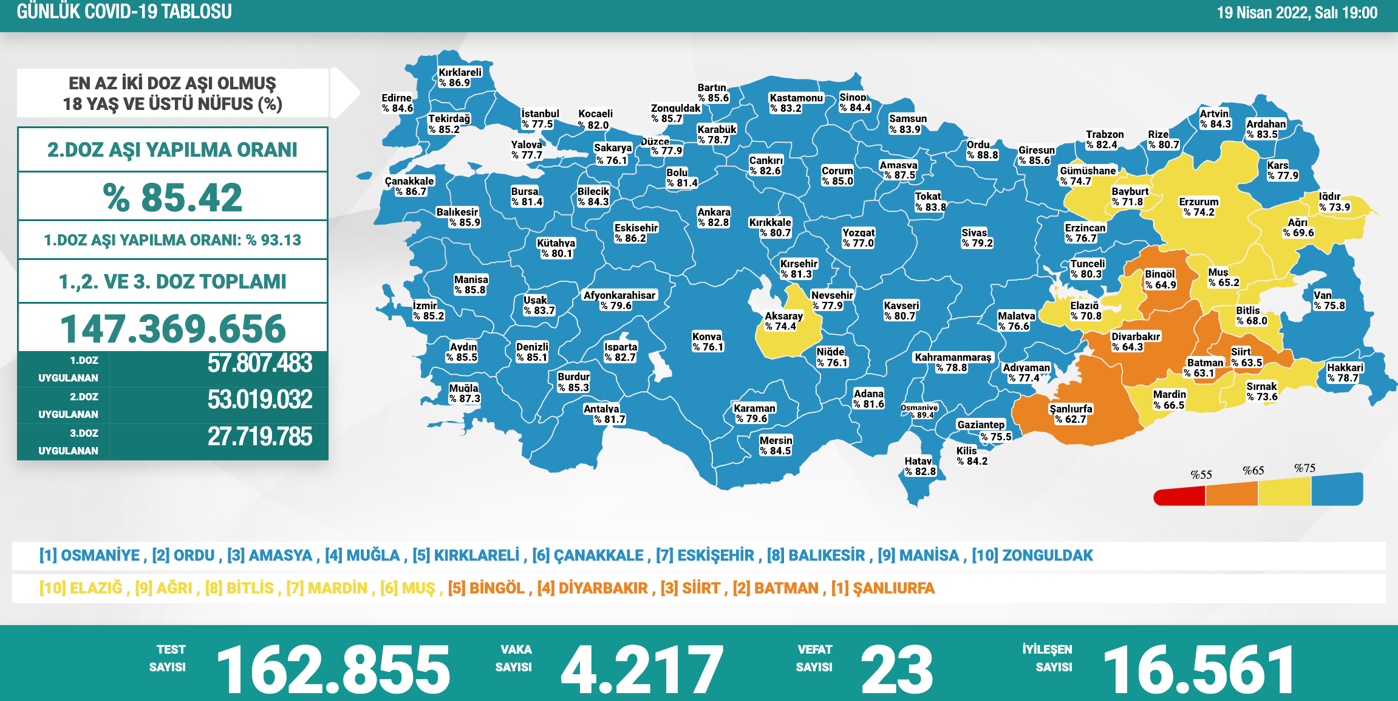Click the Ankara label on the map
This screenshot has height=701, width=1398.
click(714, 217)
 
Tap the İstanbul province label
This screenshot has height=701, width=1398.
click(540, 119)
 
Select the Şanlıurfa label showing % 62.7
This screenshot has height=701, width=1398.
click(1071, 414)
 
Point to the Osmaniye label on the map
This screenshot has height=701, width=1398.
click(919, 411)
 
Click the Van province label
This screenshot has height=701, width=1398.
click(1329, 300)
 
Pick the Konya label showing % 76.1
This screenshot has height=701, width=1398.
click(708, 341)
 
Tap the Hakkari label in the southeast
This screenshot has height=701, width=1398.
click(1345, 372)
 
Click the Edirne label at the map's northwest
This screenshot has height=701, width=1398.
click(397, 103)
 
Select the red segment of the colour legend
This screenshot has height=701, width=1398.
click(1179, 496)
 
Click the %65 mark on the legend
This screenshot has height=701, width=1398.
click(1253, 471)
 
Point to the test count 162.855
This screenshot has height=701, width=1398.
click(333, 669)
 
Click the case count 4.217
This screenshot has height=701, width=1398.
click(642, 669)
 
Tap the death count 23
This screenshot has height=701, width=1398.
click(897, 669)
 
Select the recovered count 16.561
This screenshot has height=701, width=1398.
click(1198, 669)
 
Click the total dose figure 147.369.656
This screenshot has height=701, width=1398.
click(173, 329)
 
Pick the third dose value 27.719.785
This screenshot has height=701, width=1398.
click(260, 437)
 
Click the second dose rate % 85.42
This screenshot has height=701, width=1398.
click(173, 197)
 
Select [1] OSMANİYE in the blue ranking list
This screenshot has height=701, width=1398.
click(89, 555)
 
